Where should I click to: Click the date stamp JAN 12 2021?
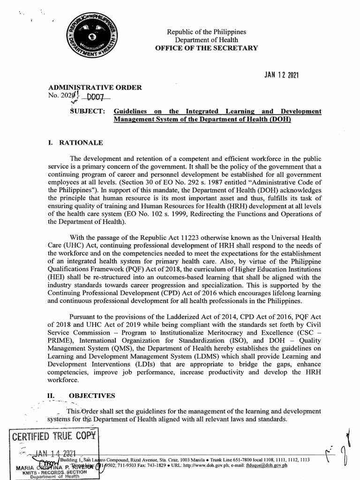[279, 75]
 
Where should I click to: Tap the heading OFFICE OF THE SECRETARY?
[207, 48]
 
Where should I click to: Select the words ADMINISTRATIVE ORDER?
[95, 87]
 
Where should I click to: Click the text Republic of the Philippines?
[207, 32]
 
